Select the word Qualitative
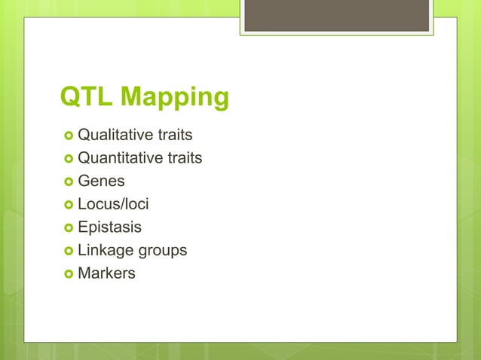click(115, 136)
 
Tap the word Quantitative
click(120, 158)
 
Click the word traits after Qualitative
click(175, 136)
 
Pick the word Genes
click(102, 182)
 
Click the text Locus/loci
click(113, 204)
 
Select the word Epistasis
click(110, 227)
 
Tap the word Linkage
click(106, 250)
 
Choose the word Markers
click(107, 273)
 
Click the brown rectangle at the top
click(336, 15)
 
